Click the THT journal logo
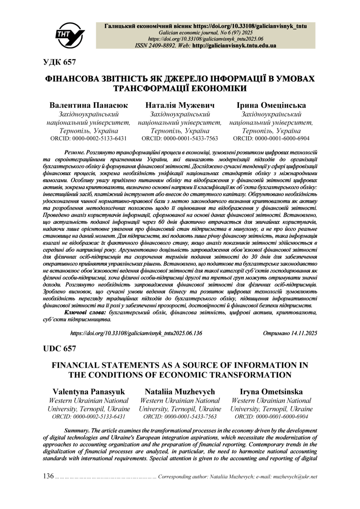tap(70, 35)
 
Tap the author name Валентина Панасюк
tap(89, 105)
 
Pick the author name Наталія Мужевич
tap(180, 105)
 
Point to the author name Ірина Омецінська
tap(271, 105)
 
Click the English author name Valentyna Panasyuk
tap(89, 392)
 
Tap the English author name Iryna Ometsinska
tap(271, 392)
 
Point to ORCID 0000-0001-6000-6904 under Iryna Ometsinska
tap(271, 417)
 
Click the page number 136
tap(48, 476)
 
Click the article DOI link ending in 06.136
tap(136, 333)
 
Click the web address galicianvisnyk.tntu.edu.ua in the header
tap(234, 46)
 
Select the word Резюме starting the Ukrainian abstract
tap(75, 152)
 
